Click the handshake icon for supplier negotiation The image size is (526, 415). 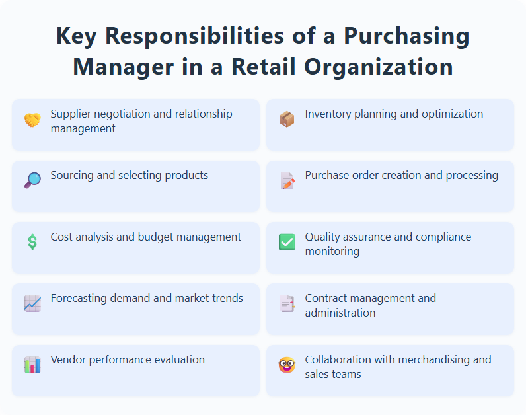[32, 120]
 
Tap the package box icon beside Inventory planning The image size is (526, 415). [287, 119]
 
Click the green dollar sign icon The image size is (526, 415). [32, 242]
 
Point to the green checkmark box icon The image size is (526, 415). [287, 242]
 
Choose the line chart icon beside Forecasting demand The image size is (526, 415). [32, 303]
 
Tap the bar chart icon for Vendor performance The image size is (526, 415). [32, 365]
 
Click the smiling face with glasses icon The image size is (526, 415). [287, 365]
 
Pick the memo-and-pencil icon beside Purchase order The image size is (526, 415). [287, 180]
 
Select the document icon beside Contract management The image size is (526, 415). [287, 303]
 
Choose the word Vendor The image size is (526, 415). [69, 359]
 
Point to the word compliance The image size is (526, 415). [444, 237]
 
